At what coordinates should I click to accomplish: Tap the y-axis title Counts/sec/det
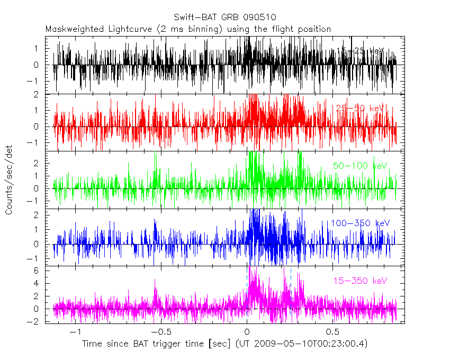[x=9, y=181]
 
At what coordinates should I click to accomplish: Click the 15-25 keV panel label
[x=360, y=51]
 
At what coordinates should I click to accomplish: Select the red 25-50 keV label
[x=360, y=108]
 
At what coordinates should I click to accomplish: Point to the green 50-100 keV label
[x=360, y=166]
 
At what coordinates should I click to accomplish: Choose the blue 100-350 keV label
[x=360, y=223]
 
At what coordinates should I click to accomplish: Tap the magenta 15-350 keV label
[x=360, y=281]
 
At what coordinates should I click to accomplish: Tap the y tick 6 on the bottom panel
[x=47, y=270]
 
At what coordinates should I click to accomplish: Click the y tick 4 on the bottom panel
[x=47, y=283]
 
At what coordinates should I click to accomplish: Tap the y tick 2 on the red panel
[x=47, y=94]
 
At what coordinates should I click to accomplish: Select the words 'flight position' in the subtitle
[x=304, y=29]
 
